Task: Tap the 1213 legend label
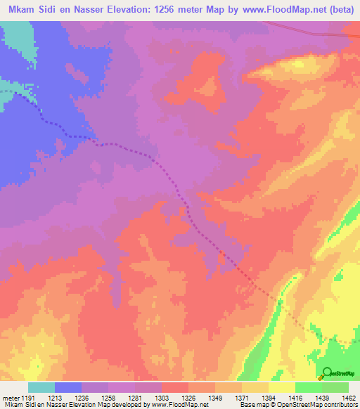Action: pyautogui.click(x=55, y=397)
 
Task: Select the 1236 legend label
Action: pyautogui.click(x=82, y=397)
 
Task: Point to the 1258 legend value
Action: pyautogui.click(x=108, y=397)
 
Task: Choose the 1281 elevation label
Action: pyautogui.click(x=135, y=397)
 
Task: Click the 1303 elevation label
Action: pyautogui.click(x=162, y=397)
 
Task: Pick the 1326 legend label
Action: pyautogui.click(x=188, y=397)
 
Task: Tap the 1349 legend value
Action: pyautogui.click(x=215, y=397)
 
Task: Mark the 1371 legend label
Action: pyautogui.click(x=242, y=397)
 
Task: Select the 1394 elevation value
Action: pyautogui.click(x=269, y=397)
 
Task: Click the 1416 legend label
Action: pyautogui.click(x=295, y=397)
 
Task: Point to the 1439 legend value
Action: pyautogui.click(x=322, y=397)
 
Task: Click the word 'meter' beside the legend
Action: pyautogui.click(x=9, y=397)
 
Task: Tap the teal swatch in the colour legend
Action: pyautogui.click(x=41, y=387)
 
